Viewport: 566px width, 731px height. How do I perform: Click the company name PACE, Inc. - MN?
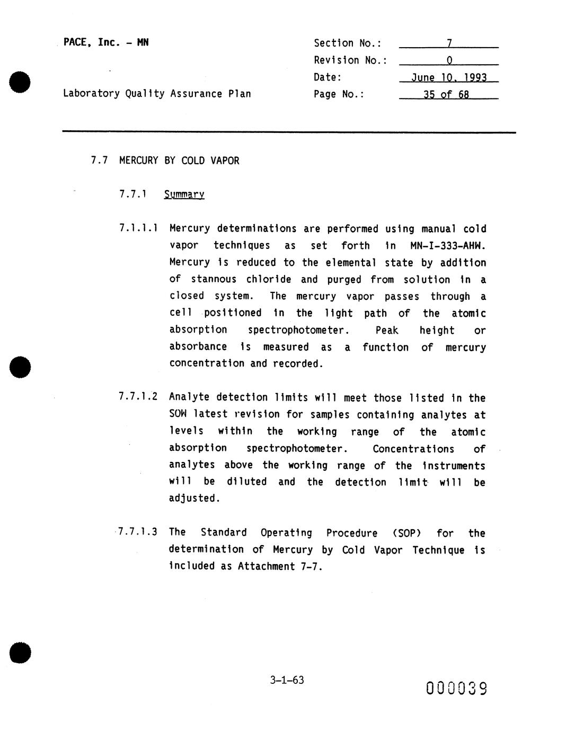[106, 42]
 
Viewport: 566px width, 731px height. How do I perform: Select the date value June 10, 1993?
[449, 77]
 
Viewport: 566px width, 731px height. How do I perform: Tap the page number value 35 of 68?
[446, 95]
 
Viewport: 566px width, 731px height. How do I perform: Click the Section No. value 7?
[449, 43]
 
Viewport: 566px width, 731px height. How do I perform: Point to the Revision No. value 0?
[449, 60]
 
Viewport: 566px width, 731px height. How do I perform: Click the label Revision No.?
[350, 60]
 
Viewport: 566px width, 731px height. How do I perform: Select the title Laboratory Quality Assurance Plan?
[157, 94]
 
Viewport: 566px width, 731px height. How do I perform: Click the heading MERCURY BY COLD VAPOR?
[179, 161]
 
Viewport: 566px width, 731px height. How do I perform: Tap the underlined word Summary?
[184, 194]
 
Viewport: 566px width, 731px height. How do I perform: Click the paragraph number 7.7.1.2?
[138, 397]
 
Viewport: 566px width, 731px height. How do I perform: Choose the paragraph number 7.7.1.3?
[137, 532]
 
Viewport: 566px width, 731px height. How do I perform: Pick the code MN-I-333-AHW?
[448, 246]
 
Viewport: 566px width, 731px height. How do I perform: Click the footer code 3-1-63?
[287, 680]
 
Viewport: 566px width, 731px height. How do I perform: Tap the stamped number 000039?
[456, 688]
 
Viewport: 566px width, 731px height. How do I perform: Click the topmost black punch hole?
[20, 82]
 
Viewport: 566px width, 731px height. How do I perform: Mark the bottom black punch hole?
[20, 653]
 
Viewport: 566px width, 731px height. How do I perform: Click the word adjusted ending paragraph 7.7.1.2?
[194, 498]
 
